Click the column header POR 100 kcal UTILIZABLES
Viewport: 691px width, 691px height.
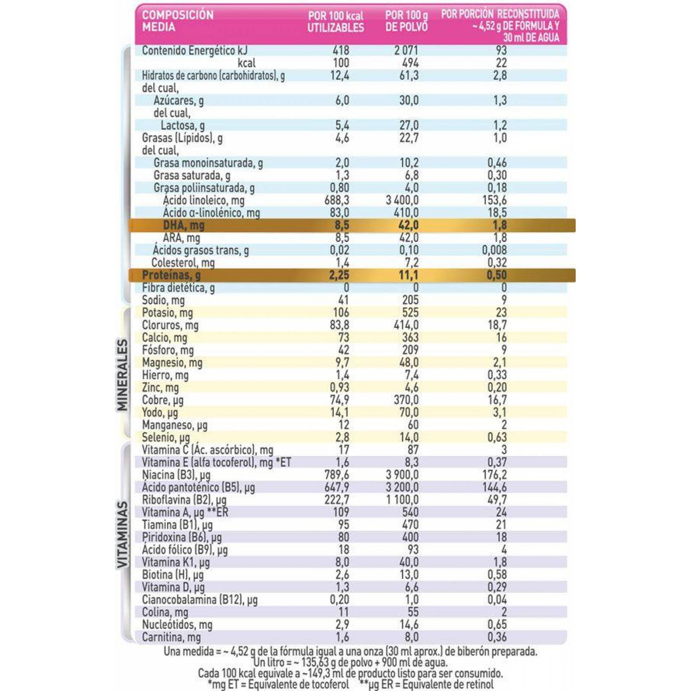(336, 22)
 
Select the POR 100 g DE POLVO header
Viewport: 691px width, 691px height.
(406, 21)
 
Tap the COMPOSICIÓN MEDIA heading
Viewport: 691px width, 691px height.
(178, 21)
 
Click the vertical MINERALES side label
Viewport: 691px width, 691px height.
(123, 374)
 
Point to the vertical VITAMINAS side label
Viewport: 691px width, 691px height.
(123, 534)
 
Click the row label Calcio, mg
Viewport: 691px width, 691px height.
(165, 337)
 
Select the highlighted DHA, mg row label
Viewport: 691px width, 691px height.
(184, 225)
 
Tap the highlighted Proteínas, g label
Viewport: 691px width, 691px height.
(171, 275)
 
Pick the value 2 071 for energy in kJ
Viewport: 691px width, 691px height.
(406, 51)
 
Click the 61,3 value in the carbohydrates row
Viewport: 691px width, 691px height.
(409, 76)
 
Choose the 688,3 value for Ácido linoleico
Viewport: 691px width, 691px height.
(337, 200)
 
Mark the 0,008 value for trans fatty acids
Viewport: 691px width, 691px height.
(494, 250)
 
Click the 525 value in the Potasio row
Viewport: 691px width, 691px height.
(410, 313)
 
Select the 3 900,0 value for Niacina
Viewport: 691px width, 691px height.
(402, 475)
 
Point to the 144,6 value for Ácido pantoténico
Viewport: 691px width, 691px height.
(494, 487)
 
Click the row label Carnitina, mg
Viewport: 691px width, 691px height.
(171, 637)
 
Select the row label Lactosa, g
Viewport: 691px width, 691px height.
(183, 126)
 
